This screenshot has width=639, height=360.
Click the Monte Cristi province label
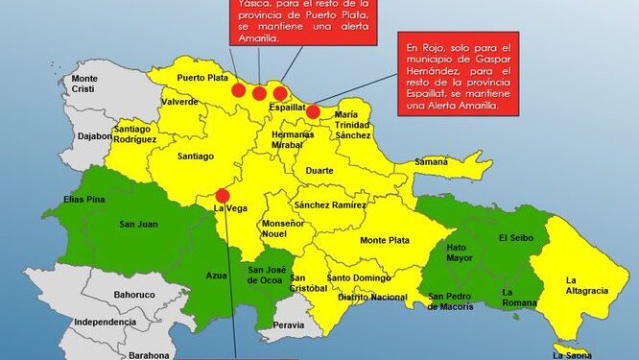[84, 84]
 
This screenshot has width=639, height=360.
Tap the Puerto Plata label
[202, 78]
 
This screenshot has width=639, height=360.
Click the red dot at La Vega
[223, 195]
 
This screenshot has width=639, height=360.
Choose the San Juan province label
[137, 226]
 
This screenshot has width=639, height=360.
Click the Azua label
[217, 276]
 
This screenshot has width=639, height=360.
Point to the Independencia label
[105, 322]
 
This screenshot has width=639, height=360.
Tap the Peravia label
[289, 325]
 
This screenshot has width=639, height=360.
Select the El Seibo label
[515, 236]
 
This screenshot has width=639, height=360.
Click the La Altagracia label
[583, 285]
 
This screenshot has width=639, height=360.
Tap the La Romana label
[520, 298]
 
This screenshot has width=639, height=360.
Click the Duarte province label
[319, 171]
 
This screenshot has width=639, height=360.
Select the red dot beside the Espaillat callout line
[313, 111]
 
